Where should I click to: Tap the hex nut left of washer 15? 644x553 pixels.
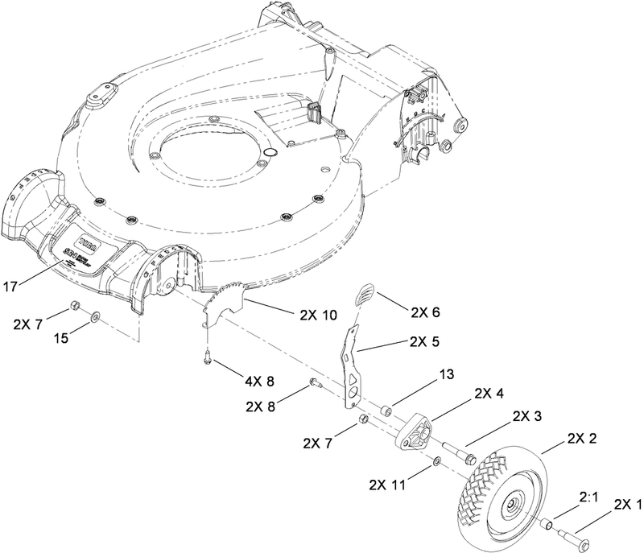[74, 305]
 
